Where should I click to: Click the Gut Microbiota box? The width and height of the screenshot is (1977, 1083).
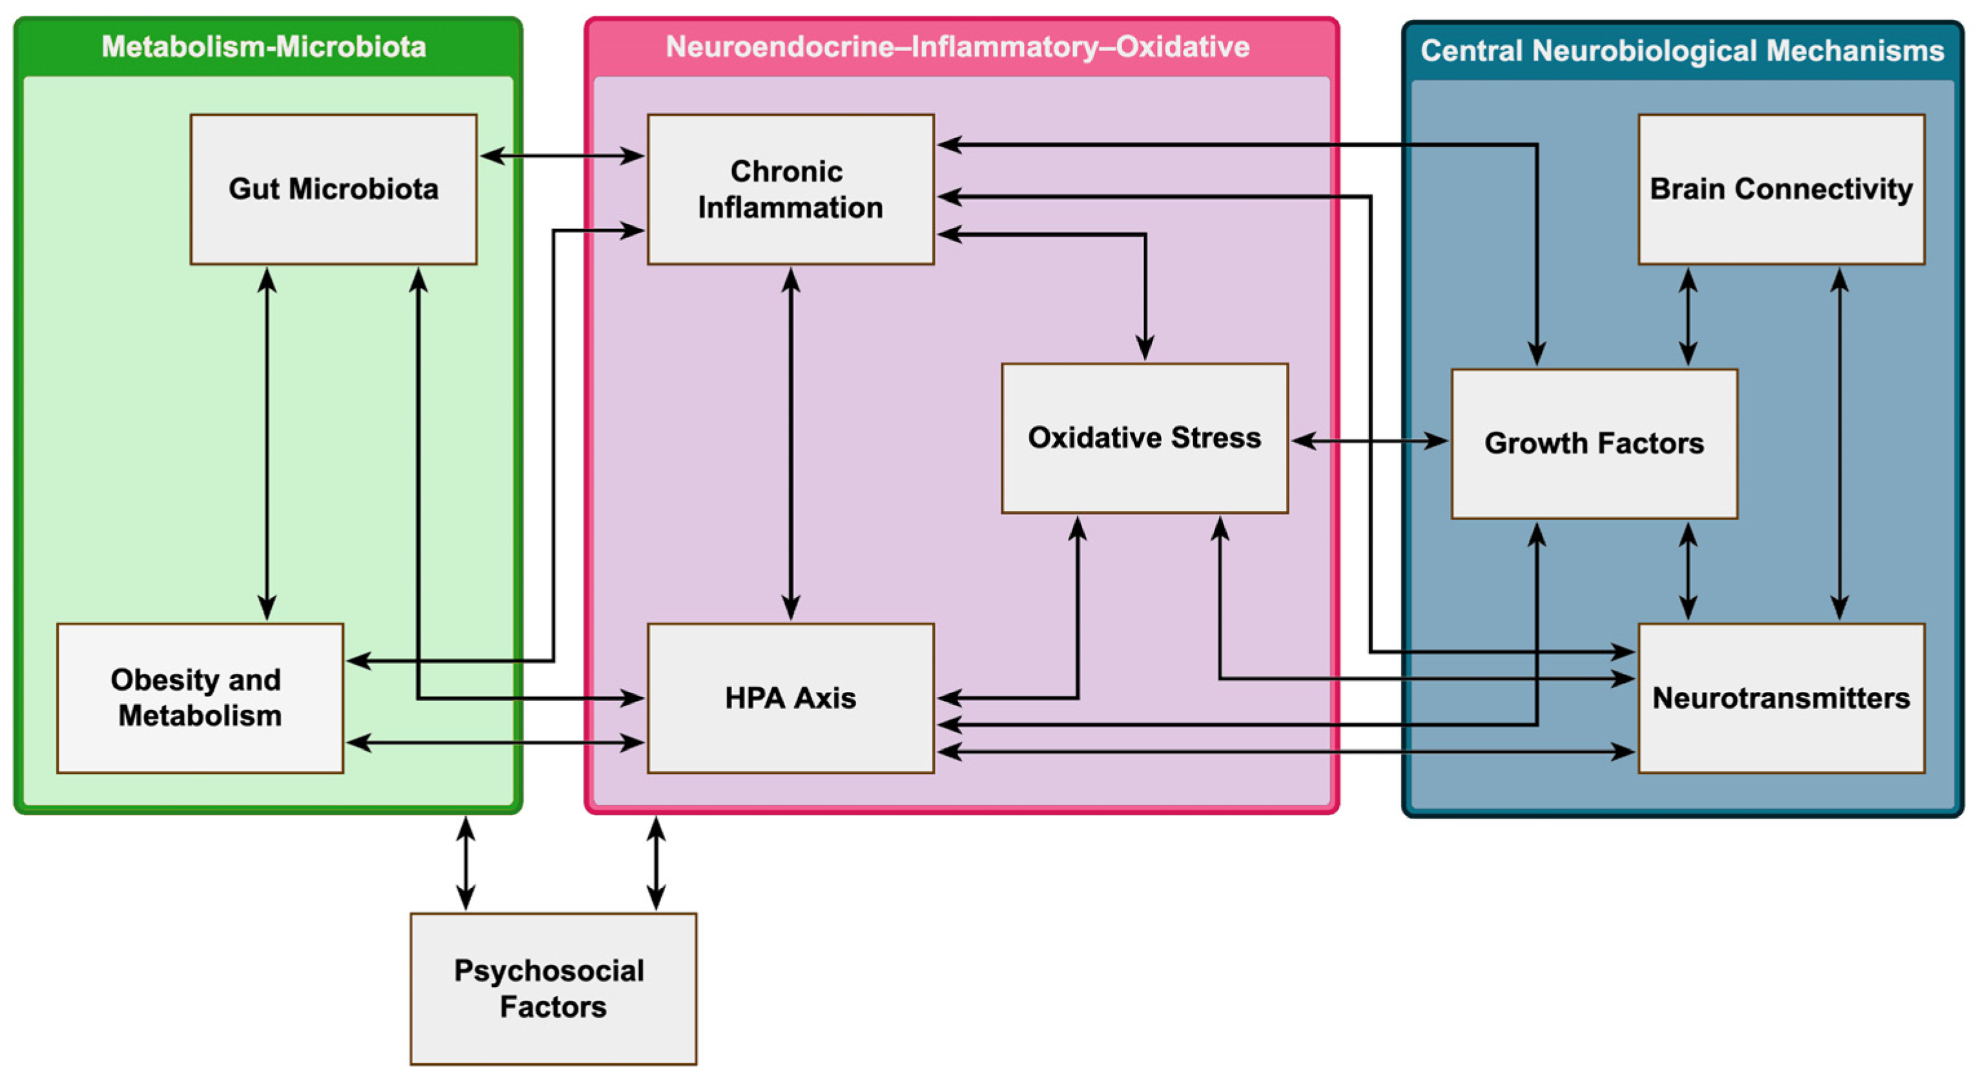(333, 188)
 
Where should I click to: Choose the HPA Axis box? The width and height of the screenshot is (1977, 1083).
(790, 697)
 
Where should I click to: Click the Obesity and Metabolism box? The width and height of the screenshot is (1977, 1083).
(200, 697)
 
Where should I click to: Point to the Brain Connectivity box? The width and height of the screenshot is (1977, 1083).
(1781, 188)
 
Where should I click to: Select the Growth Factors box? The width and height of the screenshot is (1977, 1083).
(1594, 443)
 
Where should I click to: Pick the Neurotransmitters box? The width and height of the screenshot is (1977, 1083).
(1781, 697)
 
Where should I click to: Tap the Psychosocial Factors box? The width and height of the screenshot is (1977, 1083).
(553, 988)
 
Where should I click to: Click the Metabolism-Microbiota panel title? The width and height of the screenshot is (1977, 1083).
(264, 46)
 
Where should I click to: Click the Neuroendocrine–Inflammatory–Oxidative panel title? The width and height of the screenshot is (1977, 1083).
(957, 46)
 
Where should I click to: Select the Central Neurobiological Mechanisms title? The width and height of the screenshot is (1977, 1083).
(1681, 50)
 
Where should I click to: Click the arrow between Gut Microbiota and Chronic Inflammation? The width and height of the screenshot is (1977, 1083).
(562, 156)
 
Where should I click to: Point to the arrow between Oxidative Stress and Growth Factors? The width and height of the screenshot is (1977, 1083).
(1369, 440)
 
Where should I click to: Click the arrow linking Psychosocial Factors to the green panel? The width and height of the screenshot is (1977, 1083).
(465, 863)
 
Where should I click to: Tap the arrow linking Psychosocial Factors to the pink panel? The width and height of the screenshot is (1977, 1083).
(655, 863)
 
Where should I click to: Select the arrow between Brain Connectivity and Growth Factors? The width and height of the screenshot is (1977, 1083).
(1687, 316)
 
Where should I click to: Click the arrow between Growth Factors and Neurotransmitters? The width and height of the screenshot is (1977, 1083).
(1687, 571)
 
